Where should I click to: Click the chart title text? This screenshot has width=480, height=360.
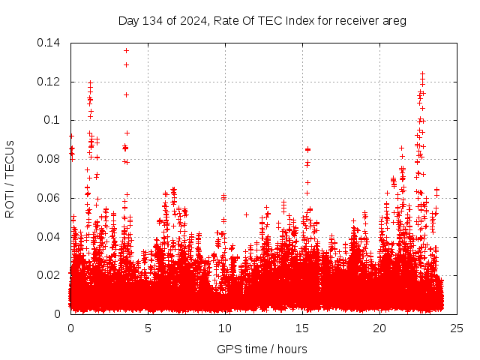point(262,20)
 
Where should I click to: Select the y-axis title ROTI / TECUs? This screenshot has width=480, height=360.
point(10,178)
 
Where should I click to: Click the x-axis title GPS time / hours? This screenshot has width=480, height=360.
point(262,349)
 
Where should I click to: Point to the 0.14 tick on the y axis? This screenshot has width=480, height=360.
point(50,43)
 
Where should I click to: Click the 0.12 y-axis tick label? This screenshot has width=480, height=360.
point(50,82)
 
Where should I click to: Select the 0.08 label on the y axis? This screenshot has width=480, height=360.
point(50,159)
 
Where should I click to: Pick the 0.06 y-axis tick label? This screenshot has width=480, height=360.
point(50,198)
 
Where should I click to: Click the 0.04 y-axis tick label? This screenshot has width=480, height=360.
point(50,237)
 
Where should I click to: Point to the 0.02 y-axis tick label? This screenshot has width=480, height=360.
point(50,275)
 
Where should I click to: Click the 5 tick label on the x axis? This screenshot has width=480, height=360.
point(148,328)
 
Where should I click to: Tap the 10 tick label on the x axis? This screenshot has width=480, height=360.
point(225,328)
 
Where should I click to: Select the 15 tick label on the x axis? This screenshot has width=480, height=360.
point(303,328)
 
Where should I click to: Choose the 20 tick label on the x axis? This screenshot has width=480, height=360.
point(380,328)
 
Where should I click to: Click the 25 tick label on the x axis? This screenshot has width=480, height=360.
point(457,328)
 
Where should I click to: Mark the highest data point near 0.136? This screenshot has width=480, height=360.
point(126,50)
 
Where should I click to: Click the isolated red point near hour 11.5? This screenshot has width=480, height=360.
point(247,214)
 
